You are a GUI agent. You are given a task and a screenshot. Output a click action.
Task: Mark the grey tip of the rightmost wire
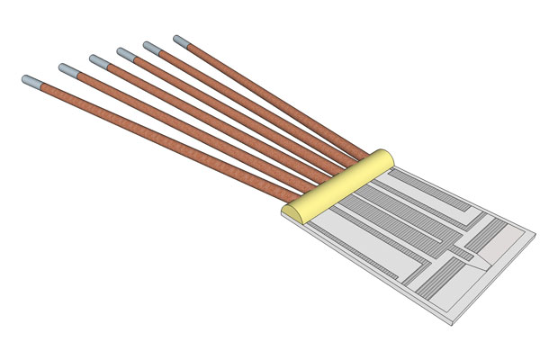point(181,41)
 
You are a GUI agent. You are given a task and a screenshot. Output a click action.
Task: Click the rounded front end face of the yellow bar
point(292,214)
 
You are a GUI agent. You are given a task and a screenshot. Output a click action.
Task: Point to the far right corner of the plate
point(535,236)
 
